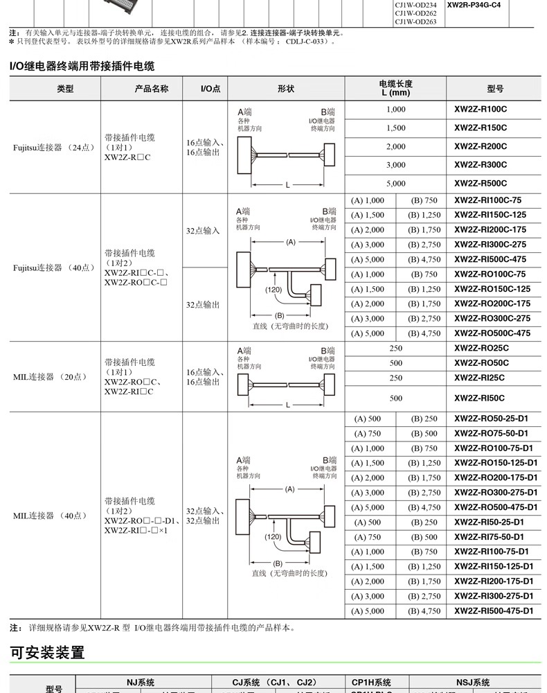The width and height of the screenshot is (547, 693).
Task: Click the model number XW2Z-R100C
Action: click(x=481, y=109)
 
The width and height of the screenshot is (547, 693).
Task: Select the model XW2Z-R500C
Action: click(x=481, y=184)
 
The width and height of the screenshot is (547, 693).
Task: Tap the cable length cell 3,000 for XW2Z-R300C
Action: click(x=395, y=165)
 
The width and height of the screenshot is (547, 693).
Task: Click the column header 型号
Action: click(x=495, y=89)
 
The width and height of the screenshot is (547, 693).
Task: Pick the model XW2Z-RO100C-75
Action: click(x=490, y=274)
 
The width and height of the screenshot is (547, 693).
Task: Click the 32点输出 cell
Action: click(x=203, y=304)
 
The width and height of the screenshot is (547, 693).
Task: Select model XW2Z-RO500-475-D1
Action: click(x=495, y=507)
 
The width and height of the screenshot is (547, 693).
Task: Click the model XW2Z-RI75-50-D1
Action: click(x=489, y=537)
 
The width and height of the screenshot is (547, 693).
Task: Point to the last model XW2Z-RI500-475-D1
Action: click(x=494, y=611)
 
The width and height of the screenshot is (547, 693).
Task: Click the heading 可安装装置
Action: click(x=47, y=652)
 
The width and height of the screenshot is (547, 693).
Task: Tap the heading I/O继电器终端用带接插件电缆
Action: click(x=82, y=67)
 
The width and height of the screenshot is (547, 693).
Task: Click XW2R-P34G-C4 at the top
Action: click(x=474, y=5)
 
